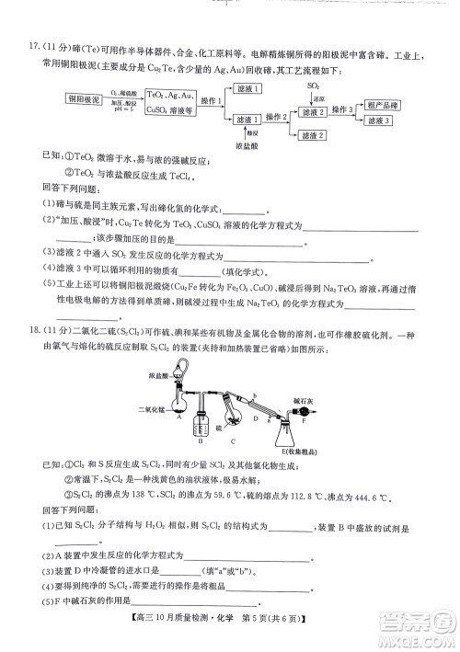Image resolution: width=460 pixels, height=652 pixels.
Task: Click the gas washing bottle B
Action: [193, 420]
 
